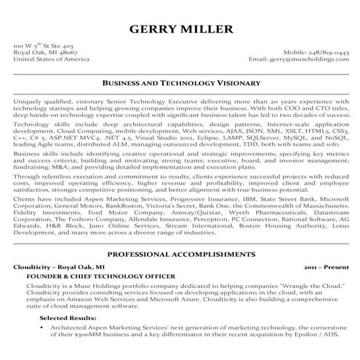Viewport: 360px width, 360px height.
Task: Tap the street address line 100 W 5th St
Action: tap(43, 45)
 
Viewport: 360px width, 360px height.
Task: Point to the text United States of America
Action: tap(47, 60)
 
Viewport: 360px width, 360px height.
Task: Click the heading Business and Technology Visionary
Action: tap(180, 84)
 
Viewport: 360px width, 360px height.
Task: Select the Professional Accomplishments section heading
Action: tap(180, 255)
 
